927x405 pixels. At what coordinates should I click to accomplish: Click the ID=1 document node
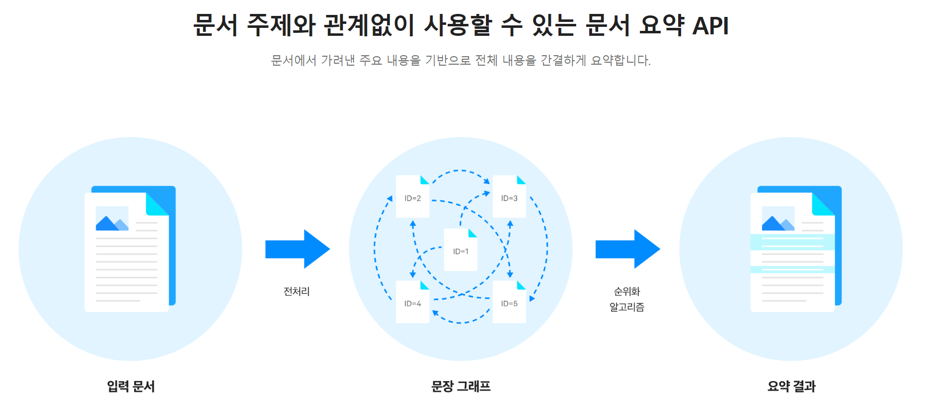[x=461, y=251]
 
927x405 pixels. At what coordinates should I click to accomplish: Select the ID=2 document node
[x=412, y=198]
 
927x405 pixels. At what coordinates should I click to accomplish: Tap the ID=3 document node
[x=509, y=198]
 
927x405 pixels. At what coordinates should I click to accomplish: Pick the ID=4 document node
[x=412, y=303]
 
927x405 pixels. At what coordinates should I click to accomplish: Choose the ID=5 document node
[x=509, y=303]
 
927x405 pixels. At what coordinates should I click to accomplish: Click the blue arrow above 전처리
[x=297, y=249]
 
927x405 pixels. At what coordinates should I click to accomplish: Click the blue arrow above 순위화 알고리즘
[x=627, y=249]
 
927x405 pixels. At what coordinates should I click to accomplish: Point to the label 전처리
[x=297, y=292]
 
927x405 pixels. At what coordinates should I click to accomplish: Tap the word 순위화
[x=627, y=292]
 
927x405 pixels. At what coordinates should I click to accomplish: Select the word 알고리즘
[x=627, y=307]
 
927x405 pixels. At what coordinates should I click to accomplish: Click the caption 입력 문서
[x=131, y=386]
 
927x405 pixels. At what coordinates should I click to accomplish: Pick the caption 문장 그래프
[x=461, y=386]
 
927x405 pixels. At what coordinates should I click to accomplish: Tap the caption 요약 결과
[x=791, y=386]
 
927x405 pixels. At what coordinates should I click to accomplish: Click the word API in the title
[x=710, y=26]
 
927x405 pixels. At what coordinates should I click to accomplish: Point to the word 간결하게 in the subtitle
[x=563, y=61]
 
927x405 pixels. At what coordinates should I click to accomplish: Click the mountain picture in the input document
[x=112, y=219]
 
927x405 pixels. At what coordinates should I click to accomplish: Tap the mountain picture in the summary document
[x=778, y=219]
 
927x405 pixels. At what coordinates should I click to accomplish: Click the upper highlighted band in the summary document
[x=792, y=242]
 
